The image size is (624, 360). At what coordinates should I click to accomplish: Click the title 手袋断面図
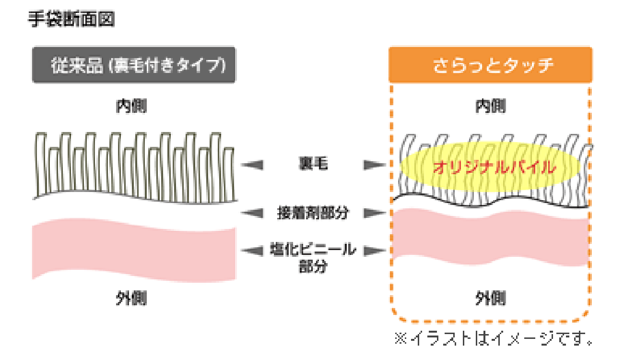[x=71, y=20]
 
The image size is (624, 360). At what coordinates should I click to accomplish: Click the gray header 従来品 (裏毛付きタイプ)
[x=134, y=65]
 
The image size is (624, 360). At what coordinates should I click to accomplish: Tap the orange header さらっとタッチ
[x=490, y=65]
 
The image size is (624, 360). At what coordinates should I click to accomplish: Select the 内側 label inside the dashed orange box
[x=490, y=107]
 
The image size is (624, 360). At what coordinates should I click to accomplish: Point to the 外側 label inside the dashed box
[x=490, y=298]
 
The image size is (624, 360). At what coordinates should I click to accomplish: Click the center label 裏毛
[x=312, y=165]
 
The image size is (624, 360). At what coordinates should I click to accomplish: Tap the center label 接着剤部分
[x=312, y=212]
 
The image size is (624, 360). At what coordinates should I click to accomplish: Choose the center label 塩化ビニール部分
[x=312, y=257]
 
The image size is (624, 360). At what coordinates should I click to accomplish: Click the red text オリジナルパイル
[x=494, y=168]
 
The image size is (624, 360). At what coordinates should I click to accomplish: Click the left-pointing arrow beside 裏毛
[x=251, y=165]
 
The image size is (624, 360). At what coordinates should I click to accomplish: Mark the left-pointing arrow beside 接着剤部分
[x=251, y=212]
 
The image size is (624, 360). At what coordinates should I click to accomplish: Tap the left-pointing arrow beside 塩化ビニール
[x=251, y=250]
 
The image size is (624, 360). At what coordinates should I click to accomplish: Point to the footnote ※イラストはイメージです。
[x=494, y=338]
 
